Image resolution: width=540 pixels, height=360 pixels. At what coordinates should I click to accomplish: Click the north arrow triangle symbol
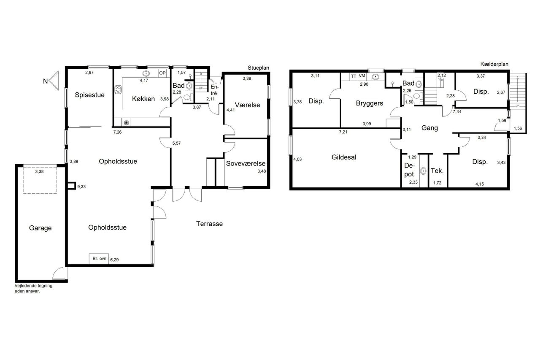pos(54,81)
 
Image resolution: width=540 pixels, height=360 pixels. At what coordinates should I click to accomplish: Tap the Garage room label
pos(40,228)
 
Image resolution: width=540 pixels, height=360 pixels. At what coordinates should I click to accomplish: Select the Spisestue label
pos(90,95)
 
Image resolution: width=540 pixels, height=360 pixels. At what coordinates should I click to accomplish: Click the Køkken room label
pos(143,99)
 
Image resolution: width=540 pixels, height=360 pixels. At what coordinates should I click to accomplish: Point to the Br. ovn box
pos(99,259)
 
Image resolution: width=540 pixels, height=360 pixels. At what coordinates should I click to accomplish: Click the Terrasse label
pos(210,224)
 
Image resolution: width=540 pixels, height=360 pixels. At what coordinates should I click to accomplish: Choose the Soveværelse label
pos(246,163)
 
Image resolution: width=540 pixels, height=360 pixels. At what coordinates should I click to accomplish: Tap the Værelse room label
pos(248,105)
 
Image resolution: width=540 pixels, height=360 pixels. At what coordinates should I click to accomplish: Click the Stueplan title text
pos(259,68)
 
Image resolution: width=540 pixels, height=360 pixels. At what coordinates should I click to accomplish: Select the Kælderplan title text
pos(494,64)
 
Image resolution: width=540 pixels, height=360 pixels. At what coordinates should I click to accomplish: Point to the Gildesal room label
pos(344,157)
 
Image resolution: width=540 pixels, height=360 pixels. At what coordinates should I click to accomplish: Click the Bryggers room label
pos(370,103)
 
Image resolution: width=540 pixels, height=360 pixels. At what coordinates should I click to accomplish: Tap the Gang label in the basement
pos(429,128)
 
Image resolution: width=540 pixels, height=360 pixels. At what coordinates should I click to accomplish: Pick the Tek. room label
pos(437,171)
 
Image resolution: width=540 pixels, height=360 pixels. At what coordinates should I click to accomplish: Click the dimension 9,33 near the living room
pos(81,187)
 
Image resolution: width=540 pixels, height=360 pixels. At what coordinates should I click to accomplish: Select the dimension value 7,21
pos(343,132)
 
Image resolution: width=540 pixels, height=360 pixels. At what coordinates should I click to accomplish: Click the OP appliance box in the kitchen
pos(163,73)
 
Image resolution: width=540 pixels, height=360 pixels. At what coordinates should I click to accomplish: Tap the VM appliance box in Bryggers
pos(362,76)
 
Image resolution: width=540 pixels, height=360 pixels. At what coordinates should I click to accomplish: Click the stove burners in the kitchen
pos(118,90)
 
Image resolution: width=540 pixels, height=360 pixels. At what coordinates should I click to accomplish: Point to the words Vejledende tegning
pos(33,286)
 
